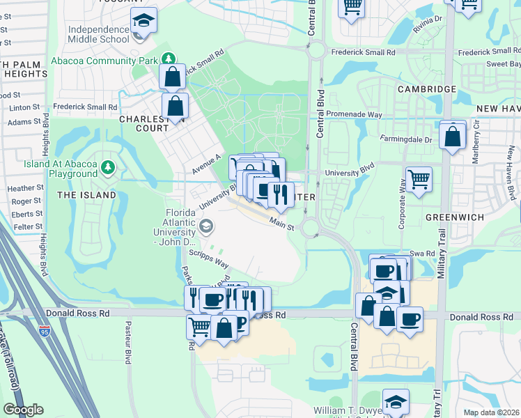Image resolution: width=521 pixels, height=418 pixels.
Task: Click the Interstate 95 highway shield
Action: [45, 331]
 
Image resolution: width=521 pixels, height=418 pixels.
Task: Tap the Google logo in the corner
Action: [23, 410]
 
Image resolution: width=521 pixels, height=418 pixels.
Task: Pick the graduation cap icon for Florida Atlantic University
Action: [206, 225]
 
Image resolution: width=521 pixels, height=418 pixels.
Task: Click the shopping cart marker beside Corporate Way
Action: [419, 179]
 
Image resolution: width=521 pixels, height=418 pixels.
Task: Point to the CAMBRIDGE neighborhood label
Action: [427, 89]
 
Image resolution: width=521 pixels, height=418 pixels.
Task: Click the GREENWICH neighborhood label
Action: [455, 217]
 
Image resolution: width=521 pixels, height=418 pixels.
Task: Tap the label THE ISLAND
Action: [86, 195]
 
